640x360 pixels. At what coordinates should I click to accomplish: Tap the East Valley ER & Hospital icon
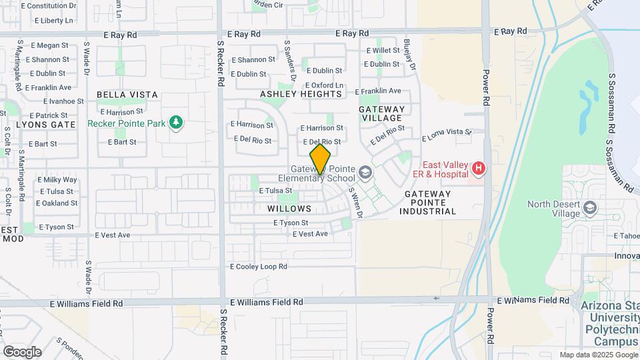[477, 168]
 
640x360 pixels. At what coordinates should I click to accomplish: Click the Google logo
[22, 351]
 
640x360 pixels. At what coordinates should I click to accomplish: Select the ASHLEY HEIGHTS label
[301, 94]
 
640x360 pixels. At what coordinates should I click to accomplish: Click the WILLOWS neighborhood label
[289, 209]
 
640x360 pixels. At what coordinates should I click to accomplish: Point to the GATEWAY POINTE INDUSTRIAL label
[428, 202]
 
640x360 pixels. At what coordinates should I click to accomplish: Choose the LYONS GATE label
[46, 125]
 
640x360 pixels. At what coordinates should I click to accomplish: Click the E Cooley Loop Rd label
[258, 266]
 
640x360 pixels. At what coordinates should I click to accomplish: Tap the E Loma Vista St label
[447, 135]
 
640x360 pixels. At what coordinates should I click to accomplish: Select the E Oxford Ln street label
[325, 85]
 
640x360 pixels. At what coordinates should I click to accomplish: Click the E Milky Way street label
[57, 180]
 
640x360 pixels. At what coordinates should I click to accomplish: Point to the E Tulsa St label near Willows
[275, 191]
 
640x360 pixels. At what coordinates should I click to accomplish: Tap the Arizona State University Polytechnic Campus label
[611, 324]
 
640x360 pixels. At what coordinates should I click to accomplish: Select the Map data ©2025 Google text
[598, 355]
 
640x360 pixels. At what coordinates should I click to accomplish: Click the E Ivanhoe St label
[63, 101]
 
